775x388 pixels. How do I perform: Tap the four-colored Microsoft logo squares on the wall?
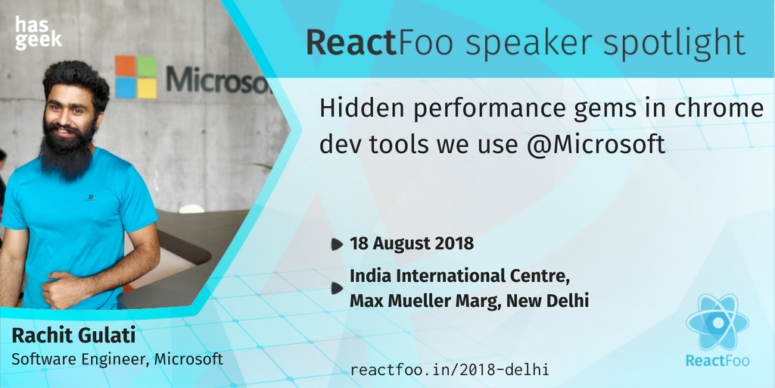(x=136, y=77)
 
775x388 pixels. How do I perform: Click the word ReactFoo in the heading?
(x=350, y=42)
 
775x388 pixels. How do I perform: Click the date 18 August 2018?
(x=412, y=243)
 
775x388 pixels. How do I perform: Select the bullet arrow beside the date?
(x=336, y=244)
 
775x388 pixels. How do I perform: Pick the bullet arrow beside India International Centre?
(x=336, y=288)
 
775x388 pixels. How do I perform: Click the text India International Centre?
(x=459, y=275)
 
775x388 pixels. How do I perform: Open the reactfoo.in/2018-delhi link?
(x=450, y=369)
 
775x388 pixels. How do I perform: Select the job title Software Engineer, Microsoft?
(x=117, y=358)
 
